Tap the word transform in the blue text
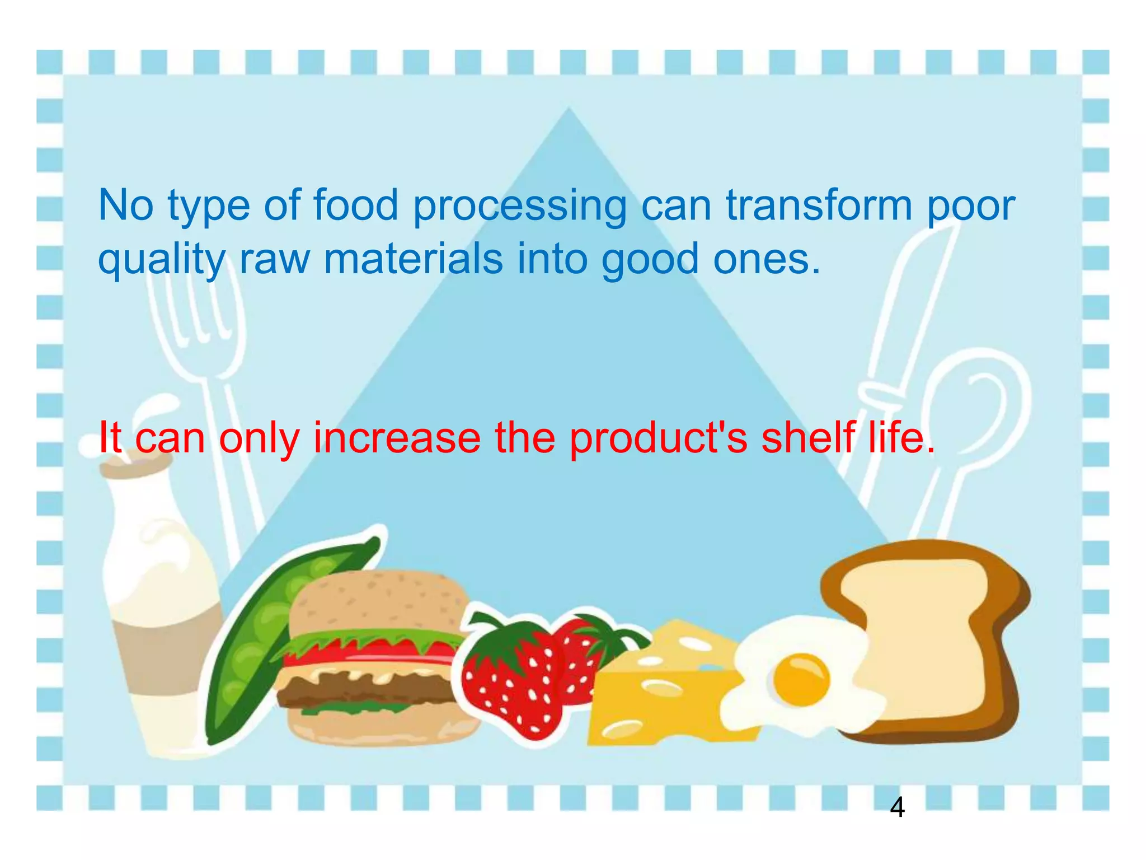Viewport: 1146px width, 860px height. [x=819, y=205]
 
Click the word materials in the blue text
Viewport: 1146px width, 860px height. [x=413, y=259]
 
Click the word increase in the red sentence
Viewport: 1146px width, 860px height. [x=397, y=437]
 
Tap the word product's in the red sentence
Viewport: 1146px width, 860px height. [x=658, y=438]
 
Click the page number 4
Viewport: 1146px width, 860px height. [x=896, y=807]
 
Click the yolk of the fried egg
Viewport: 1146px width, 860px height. [x=801, y=679]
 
